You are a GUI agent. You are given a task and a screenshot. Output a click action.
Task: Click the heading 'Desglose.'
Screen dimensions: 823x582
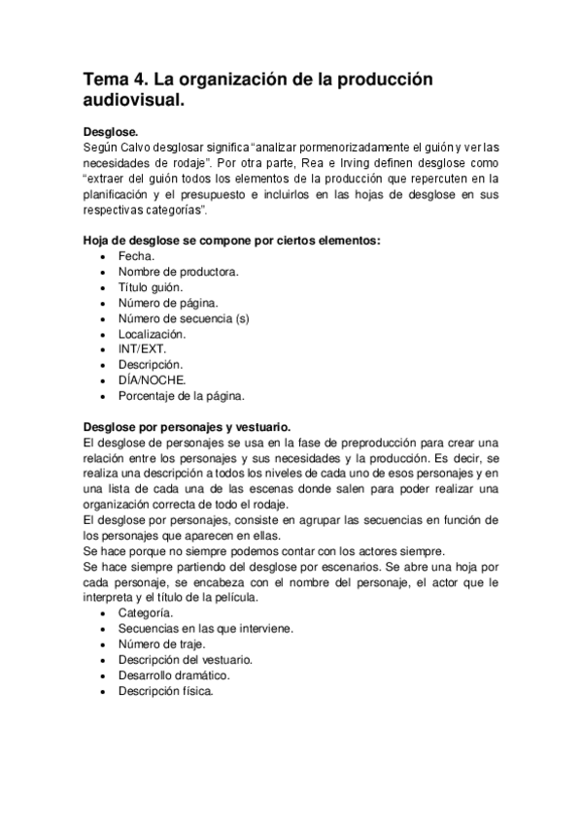coord(111,131)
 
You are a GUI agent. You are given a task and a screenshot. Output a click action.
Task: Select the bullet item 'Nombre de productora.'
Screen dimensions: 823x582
coord(179,271)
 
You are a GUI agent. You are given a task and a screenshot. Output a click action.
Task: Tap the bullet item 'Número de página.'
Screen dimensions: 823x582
coord(168,303)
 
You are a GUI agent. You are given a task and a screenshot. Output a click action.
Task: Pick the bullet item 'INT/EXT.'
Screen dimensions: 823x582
coord(144,349)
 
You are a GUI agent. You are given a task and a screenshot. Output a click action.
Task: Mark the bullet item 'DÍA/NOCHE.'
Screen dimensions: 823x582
coord(152,380)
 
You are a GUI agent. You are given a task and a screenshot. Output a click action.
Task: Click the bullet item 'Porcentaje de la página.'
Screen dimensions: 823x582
coord(182,396)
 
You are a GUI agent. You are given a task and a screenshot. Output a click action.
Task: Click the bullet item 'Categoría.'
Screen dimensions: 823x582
coord(147,613)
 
